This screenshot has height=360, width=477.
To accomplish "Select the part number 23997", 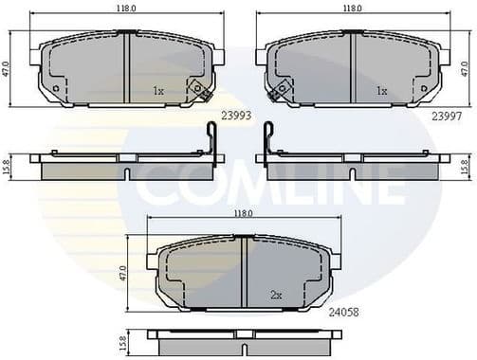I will click(x=447, y=117).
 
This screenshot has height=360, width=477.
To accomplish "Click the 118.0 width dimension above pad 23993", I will click(x=125, y=9).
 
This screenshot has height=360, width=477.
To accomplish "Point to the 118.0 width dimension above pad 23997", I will click(x=352, y=9).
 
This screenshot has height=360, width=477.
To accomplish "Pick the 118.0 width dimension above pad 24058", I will click(x=244, y=214).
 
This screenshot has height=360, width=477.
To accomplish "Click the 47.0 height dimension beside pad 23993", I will click(x=7, y=69).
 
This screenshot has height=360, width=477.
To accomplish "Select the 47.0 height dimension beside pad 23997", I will click(x=465, y=69).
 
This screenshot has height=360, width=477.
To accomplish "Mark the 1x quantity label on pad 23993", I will click(x=158, y=91).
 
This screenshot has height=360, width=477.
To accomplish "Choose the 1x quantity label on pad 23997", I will click(x=381, y=91).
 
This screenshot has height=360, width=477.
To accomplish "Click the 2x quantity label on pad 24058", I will click(x=276, y=295).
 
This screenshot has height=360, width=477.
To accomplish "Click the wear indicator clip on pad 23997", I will click(x=278, y=92).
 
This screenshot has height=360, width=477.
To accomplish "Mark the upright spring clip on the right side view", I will click(x=268, y=140).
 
